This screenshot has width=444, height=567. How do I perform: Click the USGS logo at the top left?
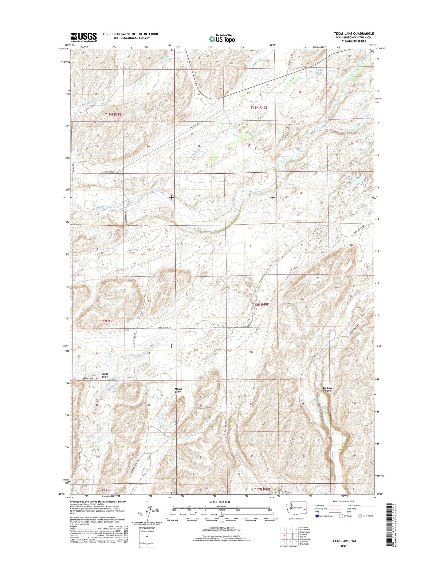pyautogui.click(x=84, y=37)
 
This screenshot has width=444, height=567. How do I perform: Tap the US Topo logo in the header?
pyautogui.click(x=222, y=38)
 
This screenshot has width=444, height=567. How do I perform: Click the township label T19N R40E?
pyautogui.click(x=259, y=107)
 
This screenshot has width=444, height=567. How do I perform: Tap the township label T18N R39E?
pyautogui.click(x=107, y=321)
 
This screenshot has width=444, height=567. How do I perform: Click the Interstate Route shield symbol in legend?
pyautogui.click(x=317, y=525)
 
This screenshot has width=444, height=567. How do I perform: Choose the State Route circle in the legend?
pyautogui.click(x=360, y=525)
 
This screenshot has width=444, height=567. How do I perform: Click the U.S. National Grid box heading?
pyautogui.click(x=148, y=537)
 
